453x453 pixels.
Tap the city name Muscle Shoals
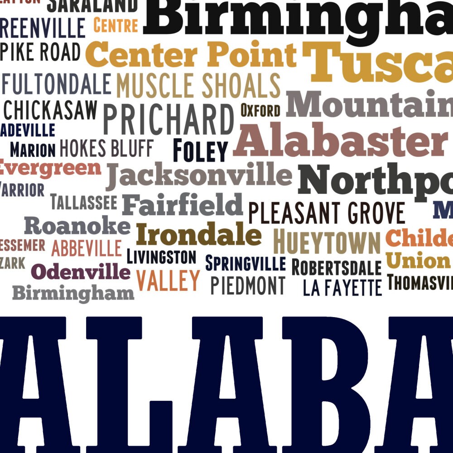pyautogui.click(x=198, y=86)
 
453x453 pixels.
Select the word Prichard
pyautogui.click(x=169, y=119)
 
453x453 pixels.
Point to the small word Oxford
pyautogui.click(x=260, y=110)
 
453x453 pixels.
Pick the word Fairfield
pyautogui.click(x=183, y=205)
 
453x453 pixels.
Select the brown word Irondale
pyautogui.click(x=198, y=235)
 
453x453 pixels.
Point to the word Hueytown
pyautogui.click(x=327, y=243)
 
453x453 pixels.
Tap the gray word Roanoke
pyautogui.click(x=77, y=226)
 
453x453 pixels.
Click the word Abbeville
pyautogui.click(x=87, y=248)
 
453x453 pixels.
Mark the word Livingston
pyautogui.click(x=161, y=257)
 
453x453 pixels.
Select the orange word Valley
pyautogui.click(x=168, y=280)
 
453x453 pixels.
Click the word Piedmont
pyautogui.click(x=248, y=286)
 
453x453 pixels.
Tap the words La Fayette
pyautogui.click(x=342, y=288)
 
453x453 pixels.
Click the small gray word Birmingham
pyautogui.click(x=73, y=294)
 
